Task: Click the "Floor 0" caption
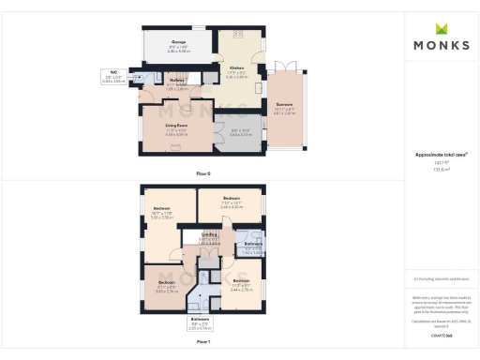pos(203,174)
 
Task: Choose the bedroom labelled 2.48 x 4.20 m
pos(232,202)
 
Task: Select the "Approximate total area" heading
pos(440,155)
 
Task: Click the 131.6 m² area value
pos(440,169)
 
